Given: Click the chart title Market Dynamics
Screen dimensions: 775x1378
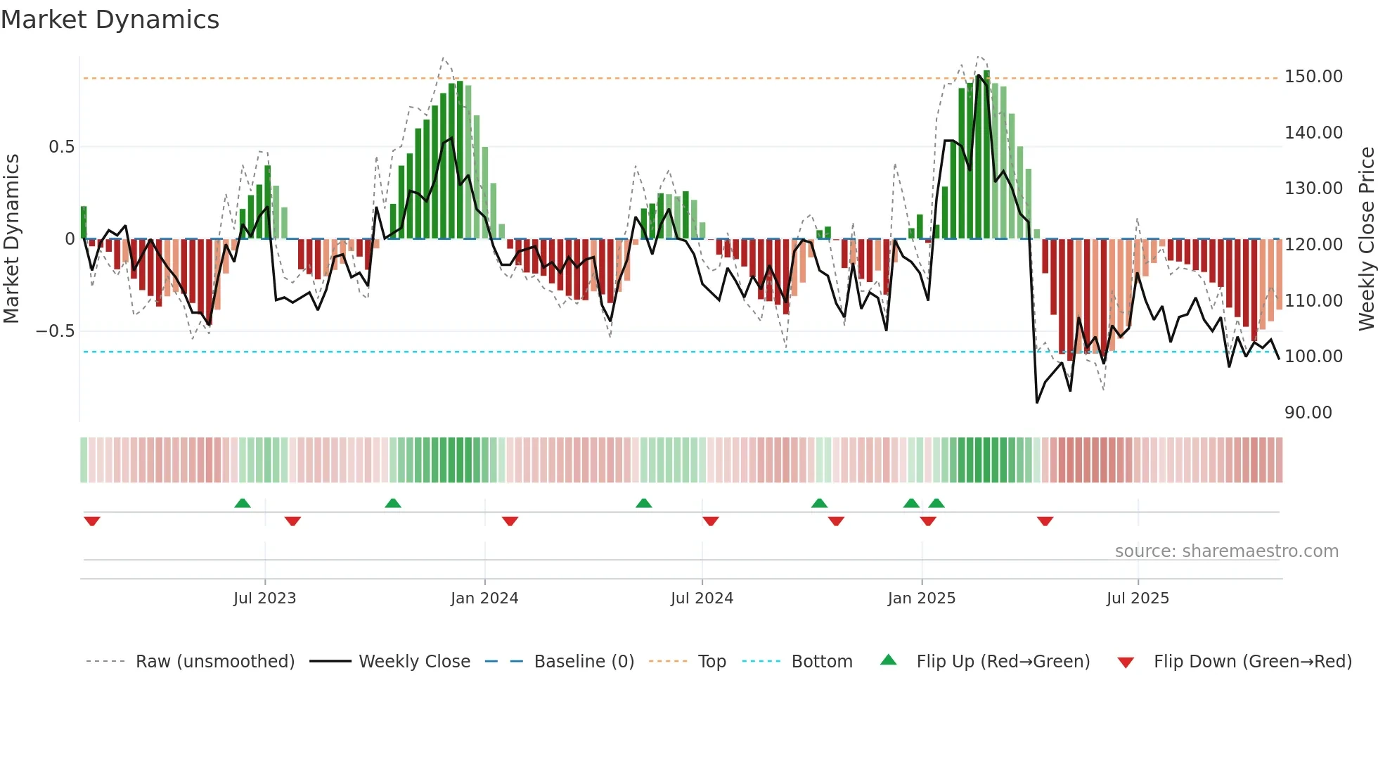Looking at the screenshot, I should pos(110,20).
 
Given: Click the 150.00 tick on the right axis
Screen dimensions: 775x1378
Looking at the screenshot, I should pos(1313,77).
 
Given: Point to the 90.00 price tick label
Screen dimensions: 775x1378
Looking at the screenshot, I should pos(1308,413).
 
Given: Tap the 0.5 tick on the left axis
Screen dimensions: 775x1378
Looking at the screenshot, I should pos(61,147).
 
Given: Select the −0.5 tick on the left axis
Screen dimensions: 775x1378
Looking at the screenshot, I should pos(56,331).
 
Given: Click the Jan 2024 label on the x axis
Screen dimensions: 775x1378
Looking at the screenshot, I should pos(484,598).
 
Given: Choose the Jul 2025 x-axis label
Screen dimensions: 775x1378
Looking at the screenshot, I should pos(1137,598).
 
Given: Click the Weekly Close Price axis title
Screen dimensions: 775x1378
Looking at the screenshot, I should pos(1366,239).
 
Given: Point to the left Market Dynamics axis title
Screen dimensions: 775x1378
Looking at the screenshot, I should pos(11,239).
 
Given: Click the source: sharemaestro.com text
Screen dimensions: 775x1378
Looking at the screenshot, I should pos(1226,551).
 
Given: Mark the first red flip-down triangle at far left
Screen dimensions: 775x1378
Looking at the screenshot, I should pos(92,521).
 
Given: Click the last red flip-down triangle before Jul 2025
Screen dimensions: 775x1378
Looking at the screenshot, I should pos(1045,521).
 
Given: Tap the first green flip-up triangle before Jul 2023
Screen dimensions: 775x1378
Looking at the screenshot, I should pos(242,503).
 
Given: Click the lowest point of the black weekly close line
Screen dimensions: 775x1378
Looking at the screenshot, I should pos(1037,402).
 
